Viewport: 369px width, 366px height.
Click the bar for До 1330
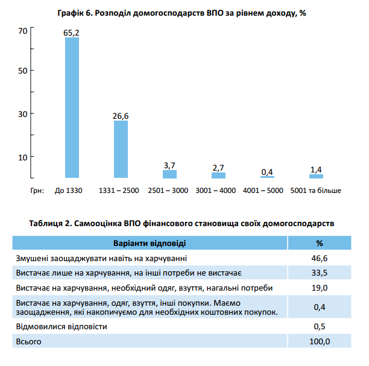tap(72, 107)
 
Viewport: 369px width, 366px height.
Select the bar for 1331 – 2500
tap(121, 149)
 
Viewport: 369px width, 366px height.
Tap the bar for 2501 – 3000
tap(169, 174)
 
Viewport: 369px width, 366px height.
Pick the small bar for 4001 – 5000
tap(267, 177)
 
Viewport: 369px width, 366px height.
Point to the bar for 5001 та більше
tap(316, 176)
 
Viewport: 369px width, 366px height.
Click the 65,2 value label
tap(71, 33)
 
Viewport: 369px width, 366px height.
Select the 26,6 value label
tap(121, 116)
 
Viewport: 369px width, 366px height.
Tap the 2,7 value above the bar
tap(218, 168)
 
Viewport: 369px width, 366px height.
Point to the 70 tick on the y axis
tap(23, 31)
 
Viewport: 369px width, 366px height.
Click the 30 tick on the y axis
tap(23, 114)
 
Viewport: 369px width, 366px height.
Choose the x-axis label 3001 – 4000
tap(216, 191)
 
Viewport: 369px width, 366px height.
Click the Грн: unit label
tap(37, 191)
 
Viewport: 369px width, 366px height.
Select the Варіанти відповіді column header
tap(150, 243)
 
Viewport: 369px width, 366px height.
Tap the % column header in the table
tap(320, 243)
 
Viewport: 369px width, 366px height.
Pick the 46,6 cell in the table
tap(320, 259)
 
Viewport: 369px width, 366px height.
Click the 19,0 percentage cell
tap(320, 288)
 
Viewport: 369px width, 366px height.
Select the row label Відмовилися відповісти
tap(61, 327)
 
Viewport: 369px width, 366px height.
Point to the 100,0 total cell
tap(320, 341)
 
